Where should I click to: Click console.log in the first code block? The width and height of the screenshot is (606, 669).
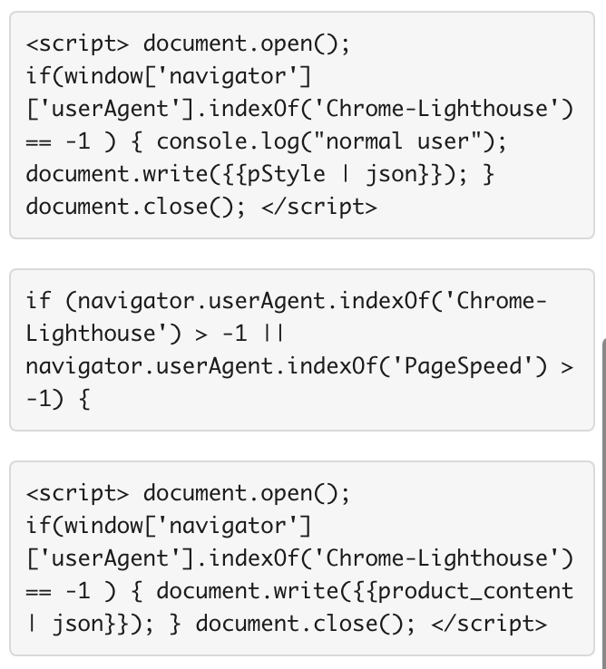pyautogui.click(x=228, y=141)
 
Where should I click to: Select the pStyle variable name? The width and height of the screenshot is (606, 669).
pyautogui.click(x=286, y=175)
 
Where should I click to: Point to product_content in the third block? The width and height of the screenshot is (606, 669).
pyautogui.click(x=475, y=592)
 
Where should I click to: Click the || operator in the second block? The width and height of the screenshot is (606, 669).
pyautogui.click(x=274, y=334)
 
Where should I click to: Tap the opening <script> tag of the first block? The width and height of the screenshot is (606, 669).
pyautogui.click(x=77, y=44)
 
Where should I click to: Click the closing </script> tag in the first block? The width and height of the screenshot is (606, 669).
pyautogui.click(x=319, y=207)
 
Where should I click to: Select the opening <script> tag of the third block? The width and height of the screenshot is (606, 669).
pyautogui.click(x=77, y=493)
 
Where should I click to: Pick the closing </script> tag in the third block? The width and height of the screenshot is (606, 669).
pyautogui.click(x=489, y=624)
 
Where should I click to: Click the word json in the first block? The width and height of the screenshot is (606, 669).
pyautogui.click(x=392, y=175)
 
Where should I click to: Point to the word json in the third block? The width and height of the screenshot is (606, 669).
pyautogui.click(x=78, y=625)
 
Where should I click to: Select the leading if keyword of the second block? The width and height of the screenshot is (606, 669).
pyautogui.click(x=38, y=301)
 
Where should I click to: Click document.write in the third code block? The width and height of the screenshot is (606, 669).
pyautogui.click(x=248, y=591)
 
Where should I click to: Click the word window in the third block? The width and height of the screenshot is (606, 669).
pyautogui.click(x=103, y=526)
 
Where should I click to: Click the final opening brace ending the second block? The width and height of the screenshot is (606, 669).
pyautogui.click(x=84, y=400)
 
